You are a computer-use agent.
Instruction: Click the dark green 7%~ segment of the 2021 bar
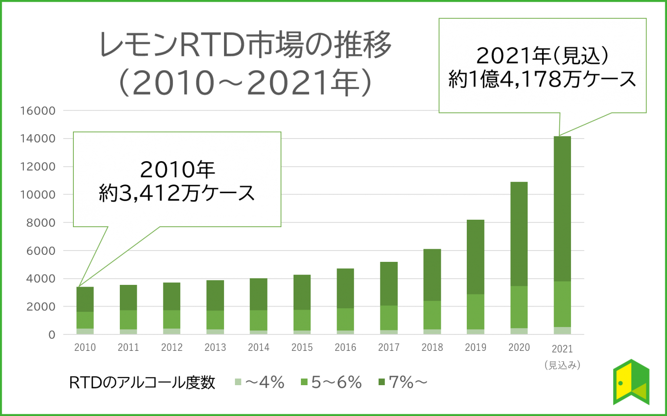(x=562, y=208)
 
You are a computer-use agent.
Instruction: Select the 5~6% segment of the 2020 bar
(x=519, y=307)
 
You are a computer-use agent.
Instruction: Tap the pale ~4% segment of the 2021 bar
(x=562, y=330)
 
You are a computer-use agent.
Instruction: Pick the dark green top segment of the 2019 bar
(x=475, y=256)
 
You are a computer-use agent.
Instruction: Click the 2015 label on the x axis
(x=302, y=347)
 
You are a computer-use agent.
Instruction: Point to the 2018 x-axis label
(x=432, y=347)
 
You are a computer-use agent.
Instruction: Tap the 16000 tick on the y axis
(x=38, y=111)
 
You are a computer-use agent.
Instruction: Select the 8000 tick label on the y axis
(x=41, y=223)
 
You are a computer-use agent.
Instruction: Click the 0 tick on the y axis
(x=52, y=335)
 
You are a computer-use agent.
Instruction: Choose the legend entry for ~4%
(x=260, y=383)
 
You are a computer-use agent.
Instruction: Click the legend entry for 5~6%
(x=331, y=383)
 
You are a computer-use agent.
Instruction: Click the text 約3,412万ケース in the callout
(x=177, y=193)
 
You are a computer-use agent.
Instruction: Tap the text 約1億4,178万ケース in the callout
(x=542, y=79)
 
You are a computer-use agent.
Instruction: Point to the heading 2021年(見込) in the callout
(x=542, y=56)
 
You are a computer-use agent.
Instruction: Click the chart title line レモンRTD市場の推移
(x=246, y=45)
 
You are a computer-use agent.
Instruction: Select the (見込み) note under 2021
(x=562, y=365)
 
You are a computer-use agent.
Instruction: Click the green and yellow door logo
(x=631, y=382)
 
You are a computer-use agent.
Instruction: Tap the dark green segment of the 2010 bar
(x=85, y=299)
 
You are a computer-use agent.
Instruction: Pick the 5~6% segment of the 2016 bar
(x=345, y=319)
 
